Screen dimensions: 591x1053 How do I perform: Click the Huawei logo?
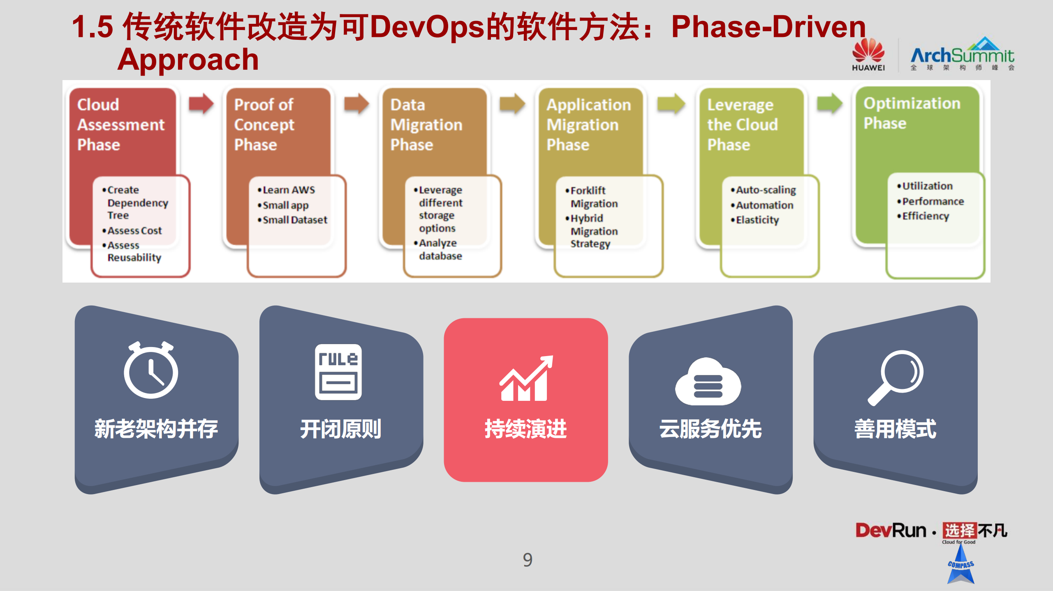[x=868, y=55]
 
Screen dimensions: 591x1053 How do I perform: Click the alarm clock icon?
[x=151, y=370]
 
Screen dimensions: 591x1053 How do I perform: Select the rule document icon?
[x=338, y=372]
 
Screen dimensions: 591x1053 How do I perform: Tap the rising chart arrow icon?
[x=526, y=378]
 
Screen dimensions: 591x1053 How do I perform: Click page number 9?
[x=528, y=560]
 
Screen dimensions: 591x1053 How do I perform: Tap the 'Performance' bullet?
[x=933, y=201]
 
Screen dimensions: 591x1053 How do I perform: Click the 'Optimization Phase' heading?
[x=912, y=113]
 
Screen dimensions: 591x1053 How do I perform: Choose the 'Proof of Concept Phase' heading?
[x=264, y=124]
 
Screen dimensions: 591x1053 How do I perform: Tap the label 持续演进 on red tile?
[x=525, y=429]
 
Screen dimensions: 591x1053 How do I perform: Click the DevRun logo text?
[x=891, y=530]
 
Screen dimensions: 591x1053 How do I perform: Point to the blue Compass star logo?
[x=960, y=565]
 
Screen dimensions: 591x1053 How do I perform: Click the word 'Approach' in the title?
[x=188, y=60]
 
